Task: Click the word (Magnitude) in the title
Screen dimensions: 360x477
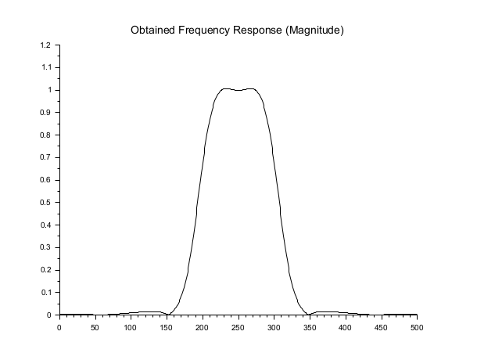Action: [317, 31]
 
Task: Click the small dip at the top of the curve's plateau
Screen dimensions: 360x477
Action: [238, 91]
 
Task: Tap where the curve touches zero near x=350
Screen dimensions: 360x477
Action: [309, 315]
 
